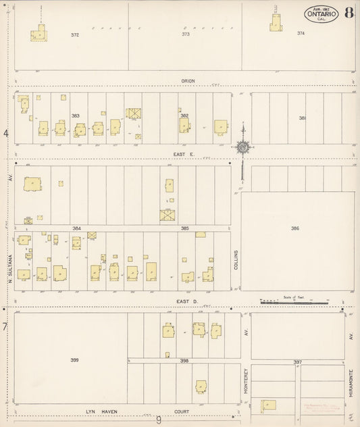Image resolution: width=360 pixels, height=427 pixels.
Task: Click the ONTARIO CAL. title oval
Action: point(321,14)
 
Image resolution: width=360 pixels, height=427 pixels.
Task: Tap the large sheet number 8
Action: point(347,13)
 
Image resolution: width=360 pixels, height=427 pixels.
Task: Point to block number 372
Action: point(75,34)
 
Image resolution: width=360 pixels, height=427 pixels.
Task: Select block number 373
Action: point(186,34)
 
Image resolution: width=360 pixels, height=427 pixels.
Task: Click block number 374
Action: point(301,33)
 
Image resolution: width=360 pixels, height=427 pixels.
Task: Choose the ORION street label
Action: point(187,81)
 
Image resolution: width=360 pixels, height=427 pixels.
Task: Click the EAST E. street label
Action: point(184,154)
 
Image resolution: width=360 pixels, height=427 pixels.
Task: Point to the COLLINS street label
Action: point(236,260)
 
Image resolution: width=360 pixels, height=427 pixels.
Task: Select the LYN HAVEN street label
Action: point(101,411)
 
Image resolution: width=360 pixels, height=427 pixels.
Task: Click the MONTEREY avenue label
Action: point(247,382)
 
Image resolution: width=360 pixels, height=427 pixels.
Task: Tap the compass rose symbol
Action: point(242,146)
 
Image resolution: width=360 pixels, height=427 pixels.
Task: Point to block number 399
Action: point(74,360)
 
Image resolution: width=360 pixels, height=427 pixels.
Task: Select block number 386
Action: point(295,229)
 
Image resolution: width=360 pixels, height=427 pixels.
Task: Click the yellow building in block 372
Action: point(39,34)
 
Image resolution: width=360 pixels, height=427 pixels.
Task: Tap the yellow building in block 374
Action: point(275,23)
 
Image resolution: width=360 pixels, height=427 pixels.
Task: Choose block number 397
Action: point(297,363)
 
